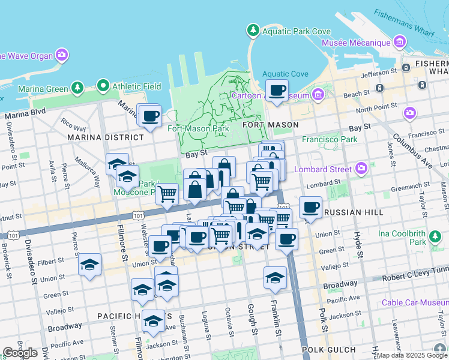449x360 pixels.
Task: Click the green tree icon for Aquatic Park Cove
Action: click(x=253, y=30)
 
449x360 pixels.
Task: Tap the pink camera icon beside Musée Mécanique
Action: click(x=400, y=43)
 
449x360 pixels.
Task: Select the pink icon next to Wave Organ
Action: click(x=62, y=56)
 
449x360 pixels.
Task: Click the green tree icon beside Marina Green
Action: click(x=77, y=89)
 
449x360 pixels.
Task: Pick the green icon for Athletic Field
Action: click(x=104, y=86)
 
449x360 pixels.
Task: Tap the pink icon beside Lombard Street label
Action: click(x=361, y=167)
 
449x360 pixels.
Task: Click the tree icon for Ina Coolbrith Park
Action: click(x=433, y=241)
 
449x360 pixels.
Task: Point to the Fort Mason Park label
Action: click(x=198, y=128)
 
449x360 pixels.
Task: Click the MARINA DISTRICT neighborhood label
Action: click(x=106, y=137)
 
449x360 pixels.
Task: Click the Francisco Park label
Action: click(x=330, y=139)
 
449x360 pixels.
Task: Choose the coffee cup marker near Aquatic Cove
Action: click(x=277, y=91)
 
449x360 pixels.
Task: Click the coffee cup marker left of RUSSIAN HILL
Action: click(x=310, y=207)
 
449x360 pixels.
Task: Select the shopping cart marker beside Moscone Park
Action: click(x=167, y=193)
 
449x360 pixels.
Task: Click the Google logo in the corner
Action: click(x=19, y=353)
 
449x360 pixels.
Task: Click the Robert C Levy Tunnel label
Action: click(x=414, y=278)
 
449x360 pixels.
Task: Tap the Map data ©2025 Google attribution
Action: click(x=412, y=355)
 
